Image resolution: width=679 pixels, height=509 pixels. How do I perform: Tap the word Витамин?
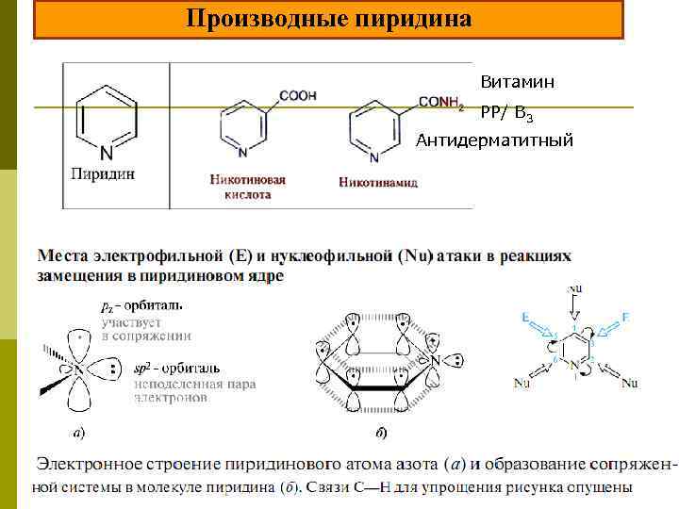tap(517, 83)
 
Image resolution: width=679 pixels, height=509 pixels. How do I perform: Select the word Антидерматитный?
tap(495, 140)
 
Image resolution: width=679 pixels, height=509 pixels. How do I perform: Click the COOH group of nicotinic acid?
tap(298, 95)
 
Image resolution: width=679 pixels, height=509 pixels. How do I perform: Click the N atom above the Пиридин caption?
tap(106, 153)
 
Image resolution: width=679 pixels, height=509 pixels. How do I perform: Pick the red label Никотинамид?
tap(377, 182)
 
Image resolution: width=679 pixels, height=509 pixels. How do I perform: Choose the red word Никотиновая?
tap(249, 179)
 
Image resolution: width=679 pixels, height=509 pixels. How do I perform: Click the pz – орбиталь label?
tap(141, 305)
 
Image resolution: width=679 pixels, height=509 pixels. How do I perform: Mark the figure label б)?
tap(380, 434)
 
